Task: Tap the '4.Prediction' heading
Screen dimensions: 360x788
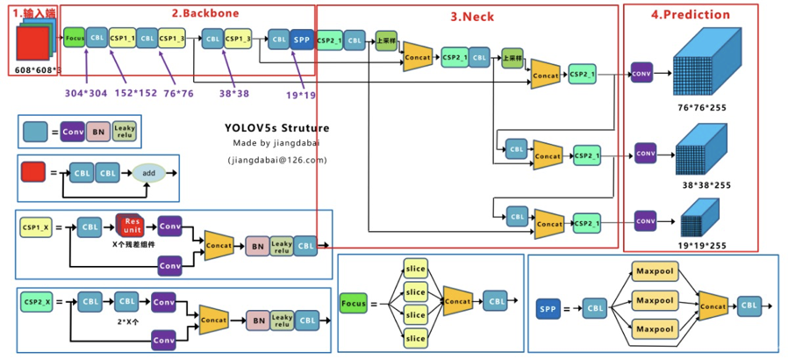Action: (x=691, y=15)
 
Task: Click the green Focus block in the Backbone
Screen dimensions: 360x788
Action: (x=74, y=39)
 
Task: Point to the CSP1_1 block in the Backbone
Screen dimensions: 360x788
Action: (x=123, y=39)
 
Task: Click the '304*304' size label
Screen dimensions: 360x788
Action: (x=86, y=92)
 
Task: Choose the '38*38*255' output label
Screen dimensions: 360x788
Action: (x=706, y=185)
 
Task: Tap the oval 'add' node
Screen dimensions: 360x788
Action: (x=148, y=173)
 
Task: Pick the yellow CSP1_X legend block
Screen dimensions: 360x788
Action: (x=37, y=227)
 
